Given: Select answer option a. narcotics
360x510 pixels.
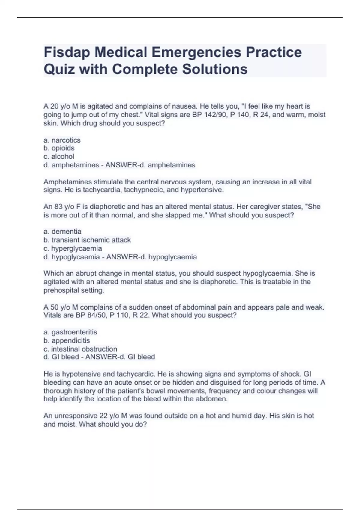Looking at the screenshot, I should (62, 140).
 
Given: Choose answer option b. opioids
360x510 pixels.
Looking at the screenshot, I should (59, 148).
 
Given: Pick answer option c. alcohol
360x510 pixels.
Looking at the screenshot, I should (59, 157).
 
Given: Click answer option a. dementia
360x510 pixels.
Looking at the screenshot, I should (62, 232).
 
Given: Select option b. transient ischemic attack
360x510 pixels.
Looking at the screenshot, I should (87, 240).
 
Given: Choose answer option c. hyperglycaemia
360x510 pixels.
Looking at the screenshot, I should (73, 249).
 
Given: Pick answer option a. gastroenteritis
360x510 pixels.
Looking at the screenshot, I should (70, 332).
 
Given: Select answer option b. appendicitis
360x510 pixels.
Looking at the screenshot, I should (67, 341).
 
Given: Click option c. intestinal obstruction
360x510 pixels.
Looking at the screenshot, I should (80, 349).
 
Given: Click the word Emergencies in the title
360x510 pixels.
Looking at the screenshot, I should (196, 52).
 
